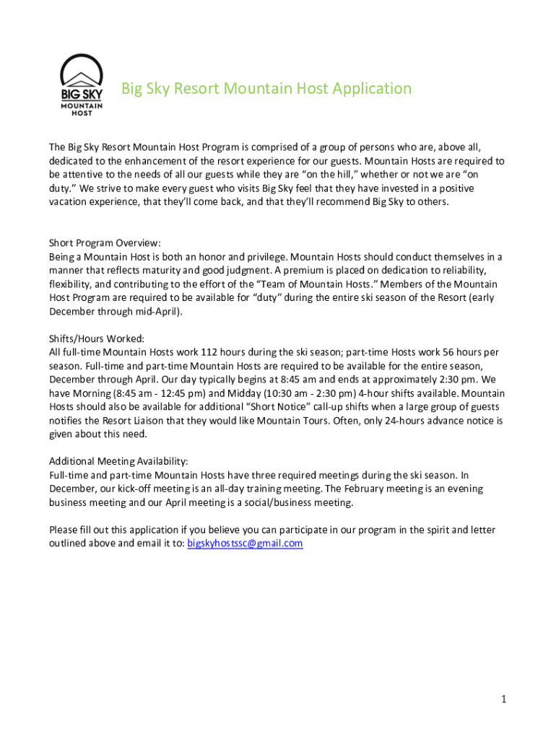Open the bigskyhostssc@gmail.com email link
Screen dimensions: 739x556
tap(245, 543)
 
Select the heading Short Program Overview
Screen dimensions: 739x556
tap(105, 242)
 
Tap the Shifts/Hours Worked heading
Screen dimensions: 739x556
tap(97, 338)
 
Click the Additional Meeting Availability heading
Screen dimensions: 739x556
tap(118, 461)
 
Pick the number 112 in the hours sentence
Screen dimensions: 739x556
tap(216, 352)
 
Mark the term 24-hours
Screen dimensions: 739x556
tap(407, 420)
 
